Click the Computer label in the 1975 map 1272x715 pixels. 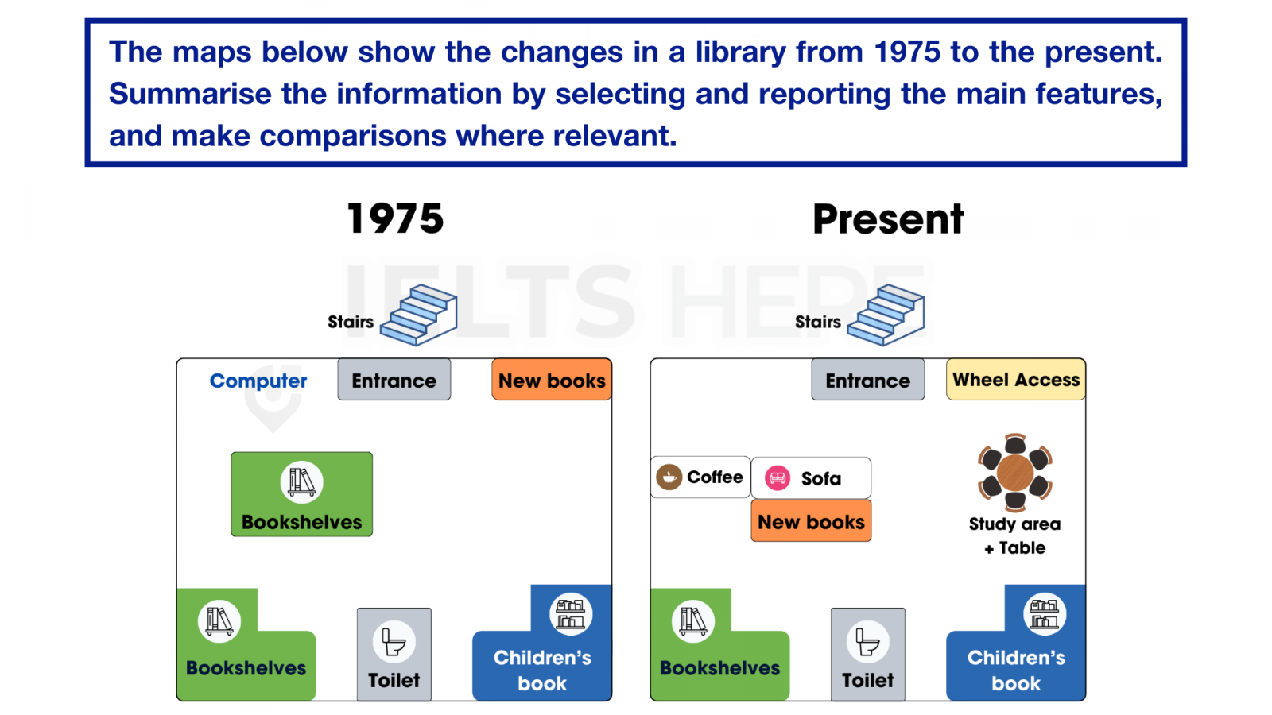click(258, 381)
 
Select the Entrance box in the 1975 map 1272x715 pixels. click(394, 380)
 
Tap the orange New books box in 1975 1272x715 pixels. click(552, 380)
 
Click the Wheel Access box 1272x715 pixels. click(1016, 380)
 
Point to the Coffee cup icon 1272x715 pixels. click(669, 477)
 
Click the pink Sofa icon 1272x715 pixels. click(778, 477)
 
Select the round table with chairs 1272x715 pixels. click(1014, 473)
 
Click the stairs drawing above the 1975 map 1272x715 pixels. click(420, 315)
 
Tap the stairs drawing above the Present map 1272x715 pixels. click(886, 315)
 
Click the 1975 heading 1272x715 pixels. click(395, 218)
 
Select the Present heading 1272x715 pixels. click(888, 219)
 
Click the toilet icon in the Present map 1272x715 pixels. click(867, 643)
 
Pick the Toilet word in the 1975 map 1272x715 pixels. click(394, 680)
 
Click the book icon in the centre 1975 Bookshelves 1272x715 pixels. click(301, 482)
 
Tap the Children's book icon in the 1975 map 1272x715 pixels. click(571, 614)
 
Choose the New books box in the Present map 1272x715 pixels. click(811, 521)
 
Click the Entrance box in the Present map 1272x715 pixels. click(867, 380)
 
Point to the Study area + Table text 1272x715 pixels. click(1014, 535)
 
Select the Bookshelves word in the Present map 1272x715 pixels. click(719, 668)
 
